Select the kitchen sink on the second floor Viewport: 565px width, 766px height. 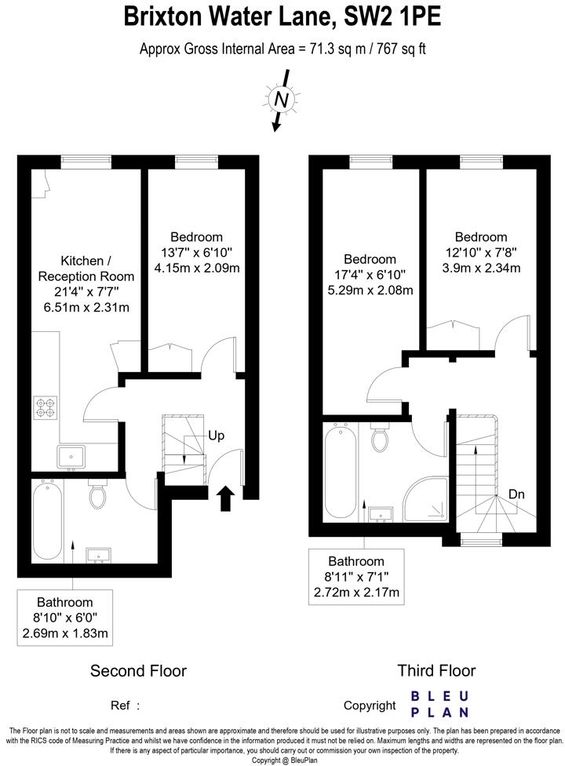point(71,455)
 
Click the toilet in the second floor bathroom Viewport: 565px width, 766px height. point(98,494)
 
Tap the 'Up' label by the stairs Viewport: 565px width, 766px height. point(217,435)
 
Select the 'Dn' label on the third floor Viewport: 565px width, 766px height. point(517,494)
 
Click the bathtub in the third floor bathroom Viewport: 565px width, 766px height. point(341,471)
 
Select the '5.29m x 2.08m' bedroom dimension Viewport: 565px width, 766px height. point(370,290)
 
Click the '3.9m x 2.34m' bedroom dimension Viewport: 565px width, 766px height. point(480,268)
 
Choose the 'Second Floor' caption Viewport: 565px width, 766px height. point(138,670)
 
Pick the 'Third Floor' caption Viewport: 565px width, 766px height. point(436,670)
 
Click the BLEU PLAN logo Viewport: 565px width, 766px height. point(440,704)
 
